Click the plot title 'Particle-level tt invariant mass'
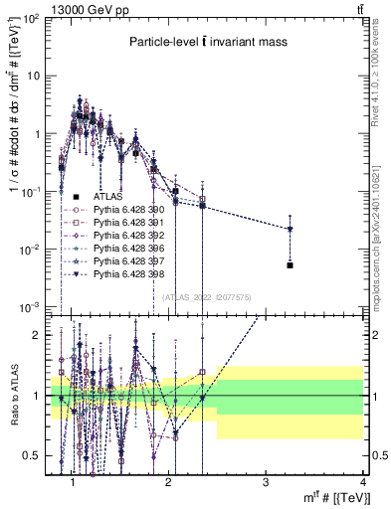206,42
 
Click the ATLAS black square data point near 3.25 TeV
290,265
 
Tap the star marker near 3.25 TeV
290,229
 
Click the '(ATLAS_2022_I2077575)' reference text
206,296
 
